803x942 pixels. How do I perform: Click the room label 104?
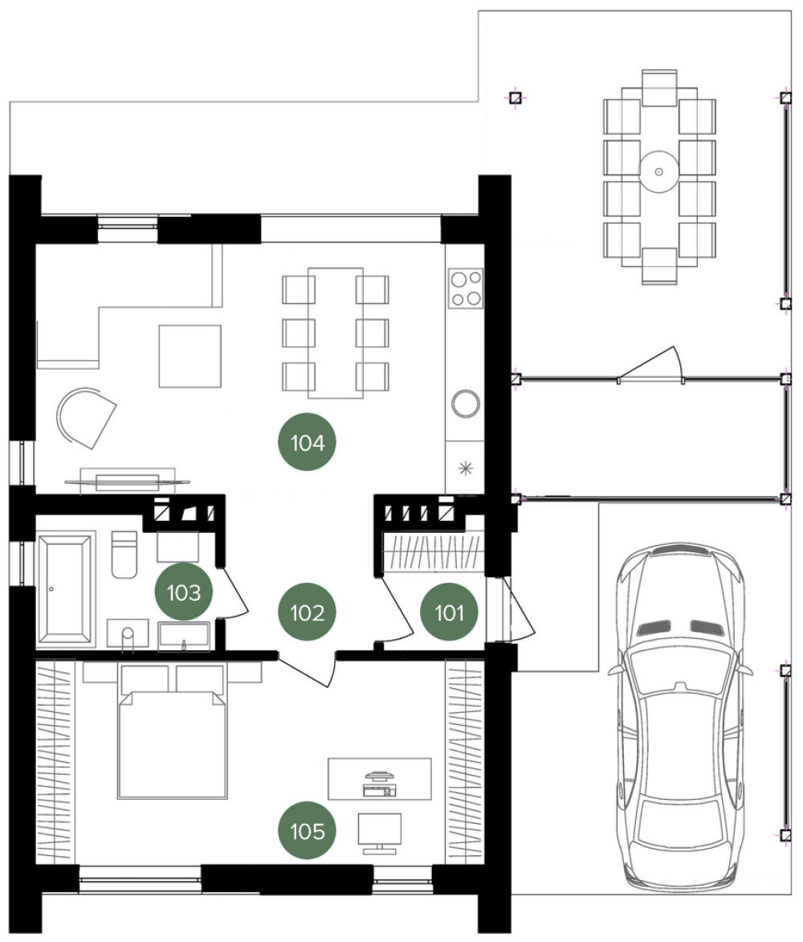point(307,442)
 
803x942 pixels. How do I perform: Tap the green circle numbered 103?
point(184,592)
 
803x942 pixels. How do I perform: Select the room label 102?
point(307,612)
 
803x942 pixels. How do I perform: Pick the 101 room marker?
point(449,612)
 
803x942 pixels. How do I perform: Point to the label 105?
point(307,831)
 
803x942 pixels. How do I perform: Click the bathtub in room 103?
point(65,588)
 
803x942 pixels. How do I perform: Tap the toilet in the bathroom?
point(124,555)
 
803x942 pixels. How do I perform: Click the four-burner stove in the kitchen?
point(467,288)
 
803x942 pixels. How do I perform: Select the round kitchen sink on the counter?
point(466,403)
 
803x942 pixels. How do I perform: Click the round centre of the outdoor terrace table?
point(658,171)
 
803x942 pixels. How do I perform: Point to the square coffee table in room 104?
point(190,355)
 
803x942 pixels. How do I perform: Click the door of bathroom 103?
point(231,592)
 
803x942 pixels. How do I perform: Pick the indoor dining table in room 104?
point(336,333)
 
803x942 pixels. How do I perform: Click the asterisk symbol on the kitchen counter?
point(465,468)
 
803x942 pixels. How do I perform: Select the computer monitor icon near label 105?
point(379,833)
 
